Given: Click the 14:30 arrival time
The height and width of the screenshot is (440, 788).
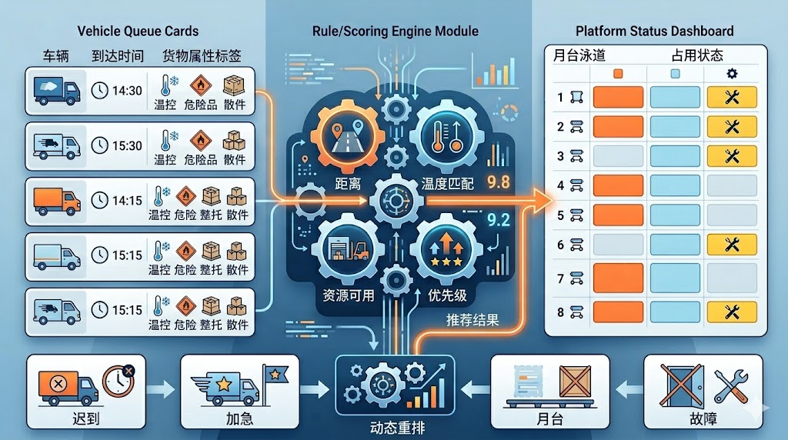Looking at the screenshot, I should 127,91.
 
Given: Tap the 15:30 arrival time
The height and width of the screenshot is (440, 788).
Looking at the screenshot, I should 127,145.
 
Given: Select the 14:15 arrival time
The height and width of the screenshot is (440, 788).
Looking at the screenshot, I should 127,201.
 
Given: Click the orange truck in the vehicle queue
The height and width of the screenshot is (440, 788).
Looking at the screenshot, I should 57,201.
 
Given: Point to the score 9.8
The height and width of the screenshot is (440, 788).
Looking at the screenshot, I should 499,182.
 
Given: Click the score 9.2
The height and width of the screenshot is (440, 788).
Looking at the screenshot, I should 499,219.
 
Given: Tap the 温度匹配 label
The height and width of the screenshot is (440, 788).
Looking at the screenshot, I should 447,185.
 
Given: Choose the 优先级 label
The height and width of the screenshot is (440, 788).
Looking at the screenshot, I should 447,295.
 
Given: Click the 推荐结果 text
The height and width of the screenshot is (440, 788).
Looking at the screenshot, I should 472,319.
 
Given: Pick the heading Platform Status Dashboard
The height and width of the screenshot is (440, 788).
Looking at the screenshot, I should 654,32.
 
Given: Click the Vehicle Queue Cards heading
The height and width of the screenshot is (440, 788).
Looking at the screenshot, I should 138,32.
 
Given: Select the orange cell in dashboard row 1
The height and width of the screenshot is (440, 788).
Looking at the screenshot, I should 618,98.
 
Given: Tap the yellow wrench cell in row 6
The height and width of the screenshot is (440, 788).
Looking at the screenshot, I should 732,245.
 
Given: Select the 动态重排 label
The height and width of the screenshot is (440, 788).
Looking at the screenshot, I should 396,426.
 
